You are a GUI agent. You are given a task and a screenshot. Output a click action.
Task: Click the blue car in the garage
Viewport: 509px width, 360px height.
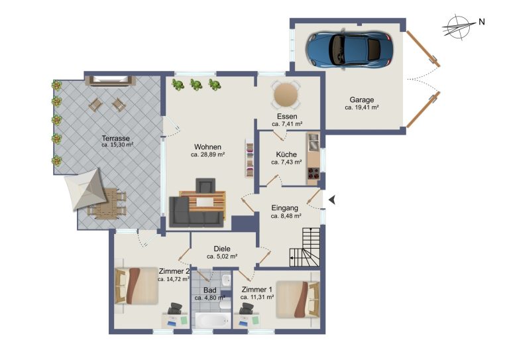(x=349, y=50)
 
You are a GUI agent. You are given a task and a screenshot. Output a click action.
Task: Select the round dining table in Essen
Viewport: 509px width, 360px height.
(x=286, y=94)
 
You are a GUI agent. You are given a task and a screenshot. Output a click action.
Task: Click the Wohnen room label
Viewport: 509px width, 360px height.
(x=207, y=147)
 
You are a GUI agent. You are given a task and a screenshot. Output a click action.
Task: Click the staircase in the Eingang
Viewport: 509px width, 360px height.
(x=305, y=247)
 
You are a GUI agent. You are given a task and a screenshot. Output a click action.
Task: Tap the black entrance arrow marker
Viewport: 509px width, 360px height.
(x=332, y=200)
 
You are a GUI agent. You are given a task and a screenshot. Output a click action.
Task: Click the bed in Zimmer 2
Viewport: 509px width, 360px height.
(x=137, y=286)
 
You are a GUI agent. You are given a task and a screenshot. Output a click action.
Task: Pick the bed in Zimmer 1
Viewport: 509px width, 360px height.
(x=298, y=299)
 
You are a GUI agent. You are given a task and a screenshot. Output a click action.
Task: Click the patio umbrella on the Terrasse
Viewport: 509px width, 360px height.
(x=85, y=189)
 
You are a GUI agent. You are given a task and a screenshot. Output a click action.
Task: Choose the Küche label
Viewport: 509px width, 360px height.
(x=286, y=154)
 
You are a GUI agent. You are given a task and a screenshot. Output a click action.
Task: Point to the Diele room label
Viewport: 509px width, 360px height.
(x=222, y=249)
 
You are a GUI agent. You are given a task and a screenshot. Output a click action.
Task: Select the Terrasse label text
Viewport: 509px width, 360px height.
(x=115, y=139)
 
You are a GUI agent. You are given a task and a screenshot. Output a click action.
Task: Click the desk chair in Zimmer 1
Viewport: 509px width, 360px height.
(x=246, y=308)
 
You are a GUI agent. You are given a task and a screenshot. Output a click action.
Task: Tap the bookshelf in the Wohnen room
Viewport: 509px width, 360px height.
(x=249, y=158)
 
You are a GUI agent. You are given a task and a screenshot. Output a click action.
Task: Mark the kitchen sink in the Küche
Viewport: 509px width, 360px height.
(x=313, y=143)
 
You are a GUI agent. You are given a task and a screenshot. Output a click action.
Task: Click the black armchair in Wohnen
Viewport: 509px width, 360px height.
(x=205, y=186)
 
